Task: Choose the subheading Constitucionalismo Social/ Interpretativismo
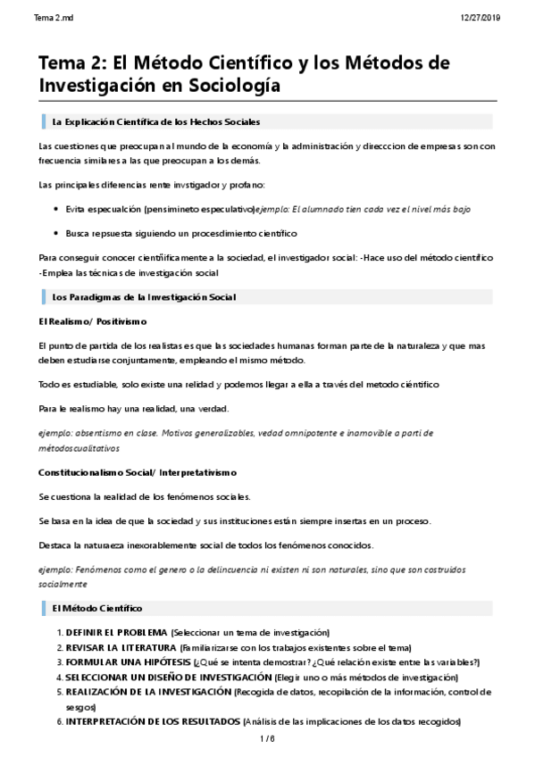click(138, 471)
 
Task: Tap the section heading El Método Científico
click(97, 608)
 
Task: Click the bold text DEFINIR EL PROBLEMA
click(116, 632)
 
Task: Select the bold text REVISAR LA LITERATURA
click(121, 647)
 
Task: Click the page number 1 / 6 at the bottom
click(267, 739)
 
